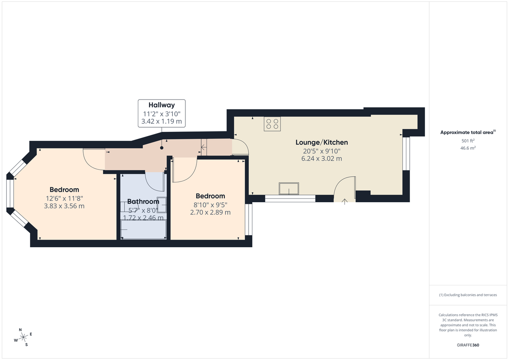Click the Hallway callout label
pos(161,113)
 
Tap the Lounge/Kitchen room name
pos(322,142)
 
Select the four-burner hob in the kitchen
pos(272,123)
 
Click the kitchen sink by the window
pos(288,189)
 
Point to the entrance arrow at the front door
pos(344,201)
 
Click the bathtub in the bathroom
pos(143,231)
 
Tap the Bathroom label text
pos(143,201)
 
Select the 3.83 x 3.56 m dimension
pos(64,206)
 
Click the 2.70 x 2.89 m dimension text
pos(210,212)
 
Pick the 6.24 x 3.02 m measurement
pos(322,159)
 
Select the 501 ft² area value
pos(468,141)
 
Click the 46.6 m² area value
pos(468,148)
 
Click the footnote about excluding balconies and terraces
pos(468,295)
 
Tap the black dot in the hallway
pos(161,148)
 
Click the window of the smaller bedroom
pos(249,220)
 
